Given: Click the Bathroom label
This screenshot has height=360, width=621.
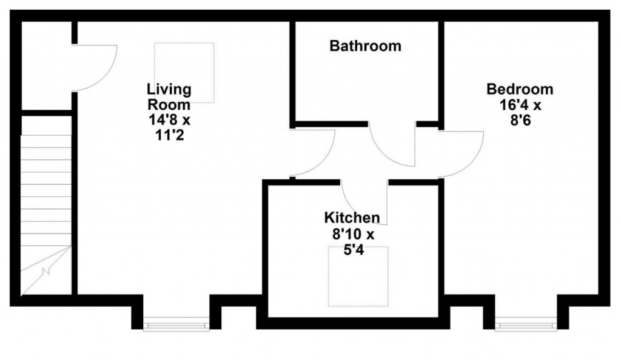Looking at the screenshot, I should (x=365, y=46).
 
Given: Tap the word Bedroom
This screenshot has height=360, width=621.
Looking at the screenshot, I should (x=520, y=90).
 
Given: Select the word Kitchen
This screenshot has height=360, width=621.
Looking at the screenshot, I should (x=352, y=218).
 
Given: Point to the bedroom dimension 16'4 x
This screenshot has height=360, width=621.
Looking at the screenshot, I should (x=520, y=105).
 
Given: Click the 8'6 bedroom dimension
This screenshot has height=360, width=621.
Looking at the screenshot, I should (x=520, y=120).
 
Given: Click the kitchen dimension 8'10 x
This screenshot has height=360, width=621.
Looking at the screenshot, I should (x=352, y=233).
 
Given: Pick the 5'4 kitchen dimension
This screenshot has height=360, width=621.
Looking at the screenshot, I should (x=352, y=248).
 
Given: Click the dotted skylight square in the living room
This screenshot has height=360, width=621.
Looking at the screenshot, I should (x=184, y=72).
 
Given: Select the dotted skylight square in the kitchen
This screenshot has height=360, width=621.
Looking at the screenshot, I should (x=358, y=276).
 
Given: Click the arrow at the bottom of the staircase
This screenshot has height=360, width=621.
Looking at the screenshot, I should (x=45, y=273).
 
